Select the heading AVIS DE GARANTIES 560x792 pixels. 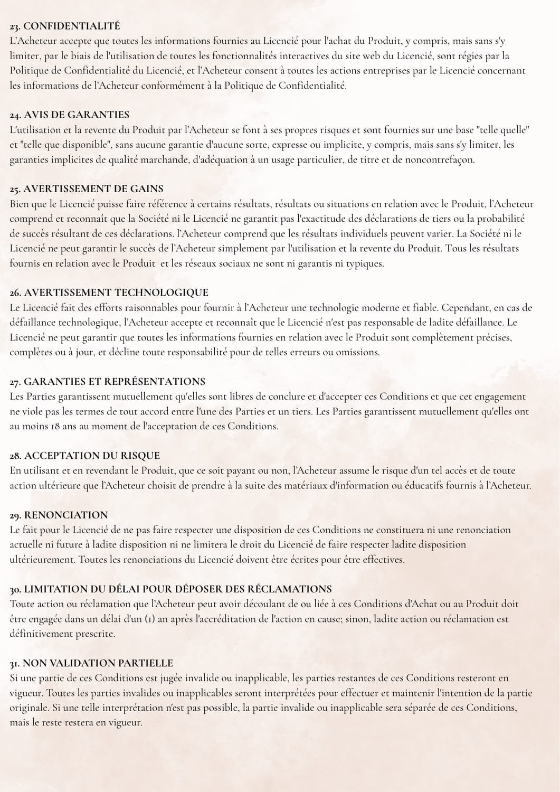(77, 115)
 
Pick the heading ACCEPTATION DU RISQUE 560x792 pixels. (92, 455)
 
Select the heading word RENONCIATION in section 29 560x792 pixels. (66, 515)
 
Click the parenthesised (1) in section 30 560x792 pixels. (150, 619)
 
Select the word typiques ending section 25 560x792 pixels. (365, 263)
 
